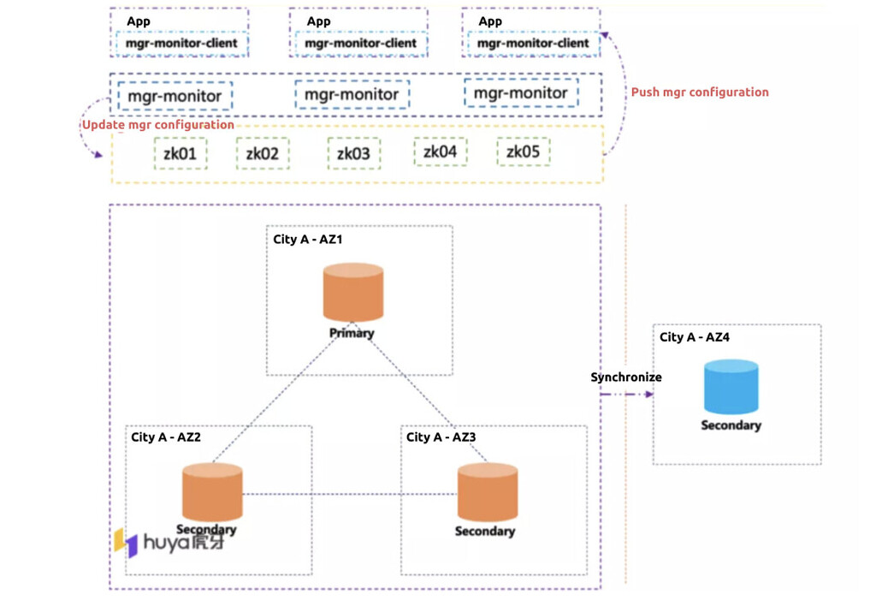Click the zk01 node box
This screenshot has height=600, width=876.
[x=181, y=154]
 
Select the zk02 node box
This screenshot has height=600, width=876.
[x=262, y=154]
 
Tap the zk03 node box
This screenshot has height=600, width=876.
[x=353, y=154]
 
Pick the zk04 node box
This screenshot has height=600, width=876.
[x=440, y=152]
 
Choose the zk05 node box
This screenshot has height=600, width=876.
[x=523, y=152]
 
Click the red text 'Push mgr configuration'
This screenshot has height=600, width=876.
[x=699, y=92]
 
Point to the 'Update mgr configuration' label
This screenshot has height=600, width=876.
[x=157, y=125]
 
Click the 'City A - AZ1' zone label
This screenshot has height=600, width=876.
[x=308, y=240]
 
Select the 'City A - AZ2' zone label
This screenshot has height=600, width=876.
[x=166, y=437]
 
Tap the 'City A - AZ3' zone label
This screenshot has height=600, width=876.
[x=441, y=437]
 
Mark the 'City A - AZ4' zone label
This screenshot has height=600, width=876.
[x=695, y=338]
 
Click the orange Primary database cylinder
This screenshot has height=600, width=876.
[x=352, y=294]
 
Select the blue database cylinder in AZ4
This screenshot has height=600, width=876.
[x=731, y=387]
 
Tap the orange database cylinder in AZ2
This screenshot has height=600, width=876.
[x=212, y=492]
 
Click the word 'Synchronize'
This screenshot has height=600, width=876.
[x=626, y=377]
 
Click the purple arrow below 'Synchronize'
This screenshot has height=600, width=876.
[x=627, y=395]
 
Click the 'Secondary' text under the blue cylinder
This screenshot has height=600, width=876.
[x=731, y=425]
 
